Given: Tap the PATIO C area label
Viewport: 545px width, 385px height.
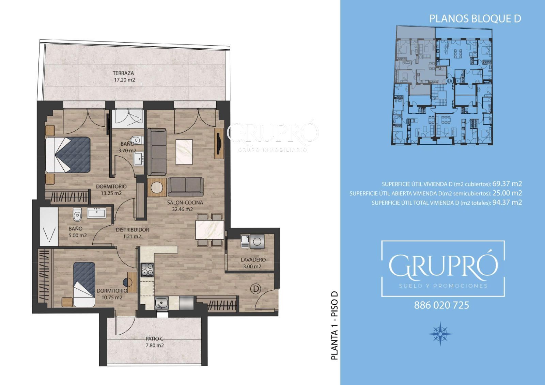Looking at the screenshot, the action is click(155, 342).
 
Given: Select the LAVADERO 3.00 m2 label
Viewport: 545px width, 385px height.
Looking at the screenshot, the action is click(253, 263).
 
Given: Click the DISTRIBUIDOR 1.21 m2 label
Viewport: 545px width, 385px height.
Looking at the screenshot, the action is click(133, 233).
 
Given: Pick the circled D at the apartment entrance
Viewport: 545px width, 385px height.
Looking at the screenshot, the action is click(256, 289).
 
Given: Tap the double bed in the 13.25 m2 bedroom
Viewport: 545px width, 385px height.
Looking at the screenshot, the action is click(68, 155).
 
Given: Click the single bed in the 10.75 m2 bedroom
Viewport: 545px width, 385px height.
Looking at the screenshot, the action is click(84, 284).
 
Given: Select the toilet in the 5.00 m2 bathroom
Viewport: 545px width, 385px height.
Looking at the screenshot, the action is click(77, 214).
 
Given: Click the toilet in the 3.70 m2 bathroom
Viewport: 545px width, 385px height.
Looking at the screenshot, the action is click(137, 140).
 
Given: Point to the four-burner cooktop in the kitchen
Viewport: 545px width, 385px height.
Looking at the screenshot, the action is click(147, 270).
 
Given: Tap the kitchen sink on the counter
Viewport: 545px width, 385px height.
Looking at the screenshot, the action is click(161, 303).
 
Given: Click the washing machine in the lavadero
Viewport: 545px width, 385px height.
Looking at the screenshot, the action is click(257, 241).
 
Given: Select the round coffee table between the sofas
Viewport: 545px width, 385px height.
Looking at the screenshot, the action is click(157, 187).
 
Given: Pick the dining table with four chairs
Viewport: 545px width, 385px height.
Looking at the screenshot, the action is click(210, 230).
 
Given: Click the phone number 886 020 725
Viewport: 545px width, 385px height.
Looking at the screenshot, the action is click(441, 305).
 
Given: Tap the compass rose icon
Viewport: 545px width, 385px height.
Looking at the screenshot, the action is click(440, 334).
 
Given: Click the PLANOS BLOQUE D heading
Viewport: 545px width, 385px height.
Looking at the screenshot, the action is click(475, 19).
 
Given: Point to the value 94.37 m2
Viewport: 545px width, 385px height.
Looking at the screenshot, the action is click(507, 202).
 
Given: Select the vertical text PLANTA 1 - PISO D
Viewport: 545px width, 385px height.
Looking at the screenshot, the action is click(335, 325).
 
